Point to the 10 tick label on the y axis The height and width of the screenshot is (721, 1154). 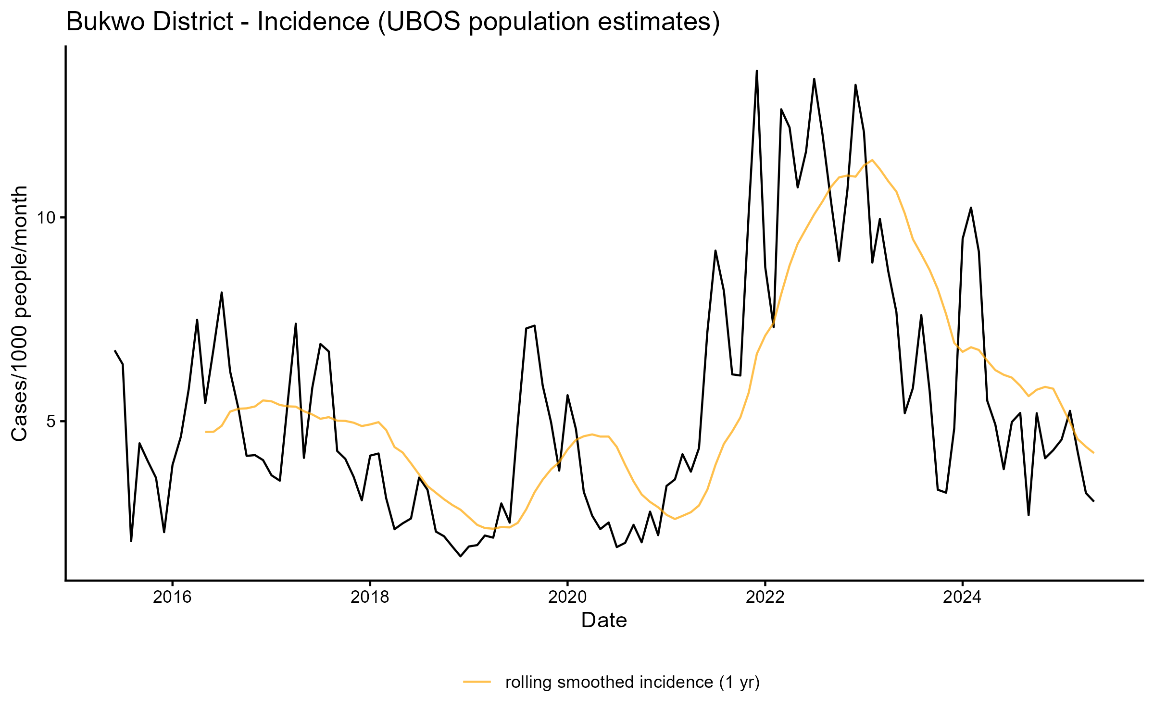pyautogui.click(x=47, y=218)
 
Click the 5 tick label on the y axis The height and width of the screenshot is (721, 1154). pyautogui.click(x=52, y=422)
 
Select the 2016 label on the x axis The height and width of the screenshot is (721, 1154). pyautogui.click(x=172, y=597)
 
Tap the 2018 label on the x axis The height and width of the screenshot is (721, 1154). pyautogui.click(x=370, y=597)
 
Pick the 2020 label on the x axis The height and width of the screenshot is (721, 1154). pyautogui.click(x=567, y=597)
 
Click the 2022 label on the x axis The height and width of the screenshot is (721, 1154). pyautogui.click(x=765, y=597)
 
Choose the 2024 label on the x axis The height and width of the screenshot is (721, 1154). pyautogui.click(x=962, y=597)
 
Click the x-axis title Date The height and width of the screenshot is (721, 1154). pyautogui.click(x=604, y=621)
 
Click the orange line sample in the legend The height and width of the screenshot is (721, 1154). pyautogui.click(x=477, y=682)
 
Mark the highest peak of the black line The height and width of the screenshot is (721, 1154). pyautogui.click(x=757, y=71)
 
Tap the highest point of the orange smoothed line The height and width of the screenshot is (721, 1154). pyautogui.click(x=872, y=160)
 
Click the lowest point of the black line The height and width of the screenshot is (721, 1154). pyautogui.click(x=461, y=556)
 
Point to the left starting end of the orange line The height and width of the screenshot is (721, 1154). pyautogui.click(x=206, y=432)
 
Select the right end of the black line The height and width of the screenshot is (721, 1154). pyautogui.click(x=1094, y=501)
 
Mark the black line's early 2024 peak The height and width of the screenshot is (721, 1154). pyautogui.click(x=971, y=208)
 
